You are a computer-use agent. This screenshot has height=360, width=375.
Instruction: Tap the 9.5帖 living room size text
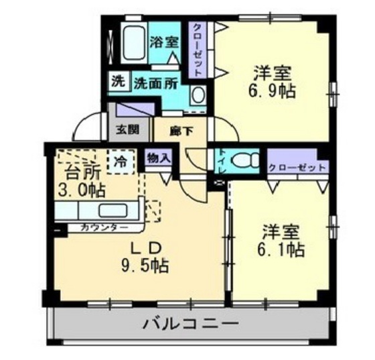tap(145, 265)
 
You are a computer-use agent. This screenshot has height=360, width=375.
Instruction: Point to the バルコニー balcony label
tap(190, 325)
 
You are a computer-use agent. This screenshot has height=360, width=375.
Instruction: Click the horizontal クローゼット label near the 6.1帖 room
tap(297, 167)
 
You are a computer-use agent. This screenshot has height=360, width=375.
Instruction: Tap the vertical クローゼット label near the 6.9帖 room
tap(199, 48)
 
